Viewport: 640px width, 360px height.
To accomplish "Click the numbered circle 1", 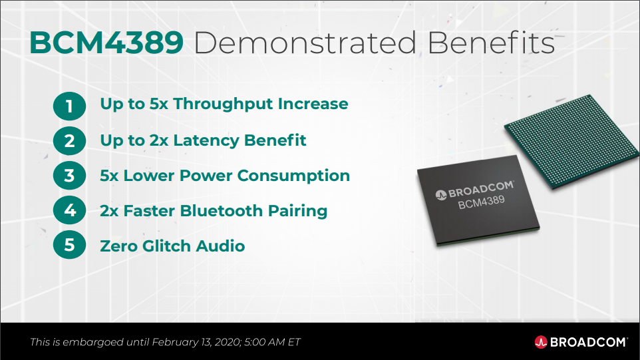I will [x=69, y=105].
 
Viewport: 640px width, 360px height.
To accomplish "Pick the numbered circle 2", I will [x=69, y=140].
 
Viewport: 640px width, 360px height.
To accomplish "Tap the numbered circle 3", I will [x=69, y=176].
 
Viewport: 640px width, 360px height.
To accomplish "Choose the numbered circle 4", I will [x=69, y=211].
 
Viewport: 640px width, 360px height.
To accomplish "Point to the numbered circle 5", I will [x=69, y=246].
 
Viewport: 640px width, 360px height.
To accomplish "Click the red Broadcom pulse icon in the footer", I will [x=541, y=342].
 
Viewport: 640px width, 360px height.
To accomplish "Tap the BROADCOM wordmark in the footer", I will [x=588, y=342].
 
